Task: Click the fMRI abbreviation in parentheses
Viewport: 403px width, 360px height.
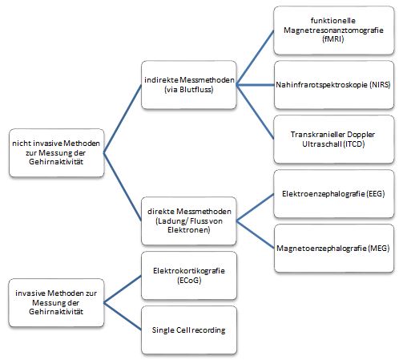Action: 333,39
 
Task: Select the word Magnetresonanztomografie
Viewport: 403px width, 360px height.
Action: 333,30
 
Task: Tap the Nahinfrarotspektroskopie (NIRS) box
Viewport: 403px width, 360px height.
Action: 334,85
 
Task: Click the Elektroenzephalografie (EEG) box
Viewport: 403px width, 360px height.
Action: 334,194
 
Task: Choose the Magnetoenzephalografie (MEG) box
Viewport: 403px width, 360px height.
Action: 334,249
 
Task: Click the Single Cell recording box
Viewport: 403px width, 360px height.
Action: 189,330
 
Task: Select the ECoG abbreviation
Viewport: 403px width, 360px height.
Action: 189,281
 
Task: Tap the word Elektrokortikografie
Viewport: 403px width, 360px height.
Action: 189,271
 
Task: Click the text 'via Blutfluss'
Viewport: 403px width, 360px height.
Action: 189,90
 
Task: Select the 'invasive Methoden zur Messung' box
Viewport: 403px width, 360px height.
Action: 56,303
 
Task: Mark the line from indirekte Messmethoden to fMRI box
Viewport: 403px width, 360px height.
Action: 255,58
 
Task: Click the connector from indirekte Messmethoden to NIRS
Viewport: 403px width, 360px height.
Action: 256,85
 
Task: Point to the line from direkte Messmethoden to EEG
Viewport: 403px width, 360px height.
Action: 255,208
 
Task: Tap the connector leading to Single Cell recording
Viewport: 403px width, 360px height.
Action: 123,317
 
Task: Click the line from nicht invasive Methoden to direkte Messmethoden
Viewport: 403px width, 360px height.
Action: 123,187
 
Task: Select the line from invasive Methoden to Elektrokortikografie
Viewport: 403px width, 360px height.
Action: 123,289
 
